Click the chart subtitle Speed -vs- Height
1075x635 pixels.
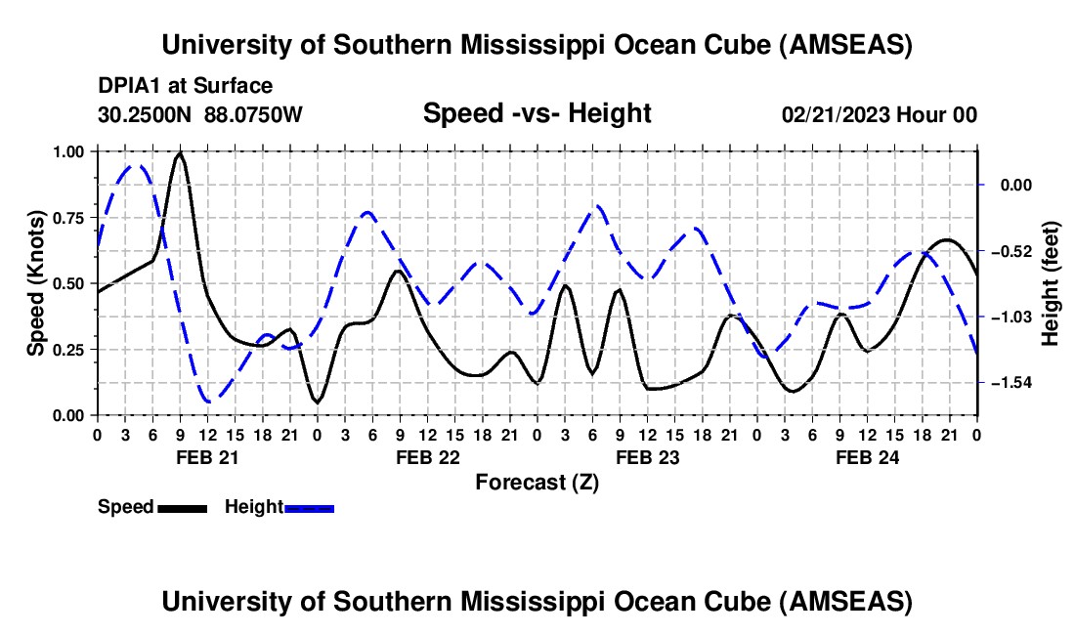(x=537, y=113)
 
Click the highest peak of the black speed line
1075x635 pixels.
(x=181, y=154)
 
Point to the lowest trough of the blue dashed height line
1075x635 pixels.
(x=208, y=401)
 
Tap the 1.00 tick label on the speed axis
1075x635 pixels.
(x=67, y=151)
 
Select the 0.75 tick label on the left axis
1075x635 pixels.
(x=67, y=218)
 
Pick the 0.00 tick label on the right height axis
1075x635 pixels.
(x=1016, y=185)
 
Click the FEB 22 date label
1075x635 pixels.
(x=428, y=457)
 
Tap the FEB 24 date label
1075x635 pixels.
(x=867, y=457)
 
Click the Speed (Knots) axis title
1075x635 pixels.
(x=35, y=283)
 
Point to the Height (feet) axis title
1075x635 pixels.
(x=1050, y=283)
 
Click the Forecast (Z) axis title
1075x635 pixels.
(x=537, y=483)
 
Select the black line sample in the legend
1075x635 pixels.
(x=183, y=508)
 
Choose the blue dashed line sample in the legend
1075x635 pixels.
(x=309, y=508)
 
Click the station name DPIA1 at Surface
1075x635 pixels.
(x=185, y=86)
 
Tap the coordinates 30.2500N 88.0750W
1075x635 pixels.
(x=199, y=114)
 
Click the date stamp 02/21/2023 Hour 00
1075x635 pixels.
(x=879, y=114)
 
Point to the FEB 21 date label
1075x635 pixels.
(x=207, y=457)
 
